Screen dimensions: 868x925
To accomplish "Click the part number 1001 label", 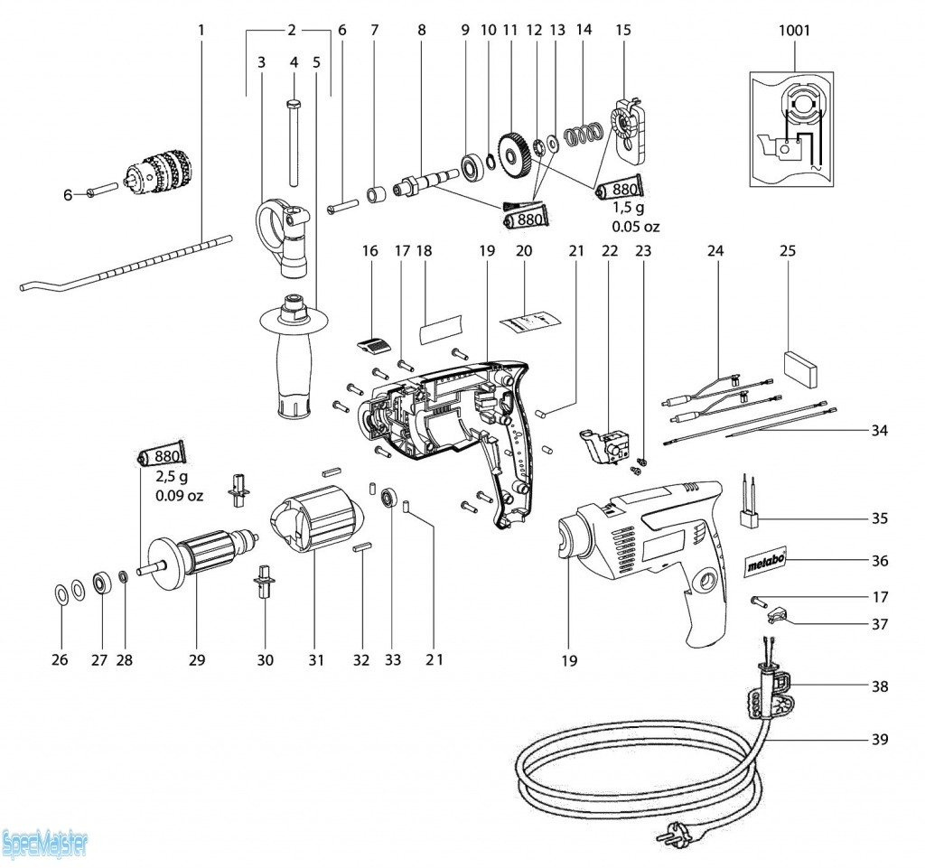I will [794, 31].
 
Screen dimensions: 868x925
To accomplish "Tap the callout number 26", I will [60, 660].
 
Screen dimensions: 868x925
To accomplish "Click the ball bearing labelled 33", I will [390, 499].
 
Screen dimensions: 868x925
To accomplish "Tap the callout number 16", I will [369, 251].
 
